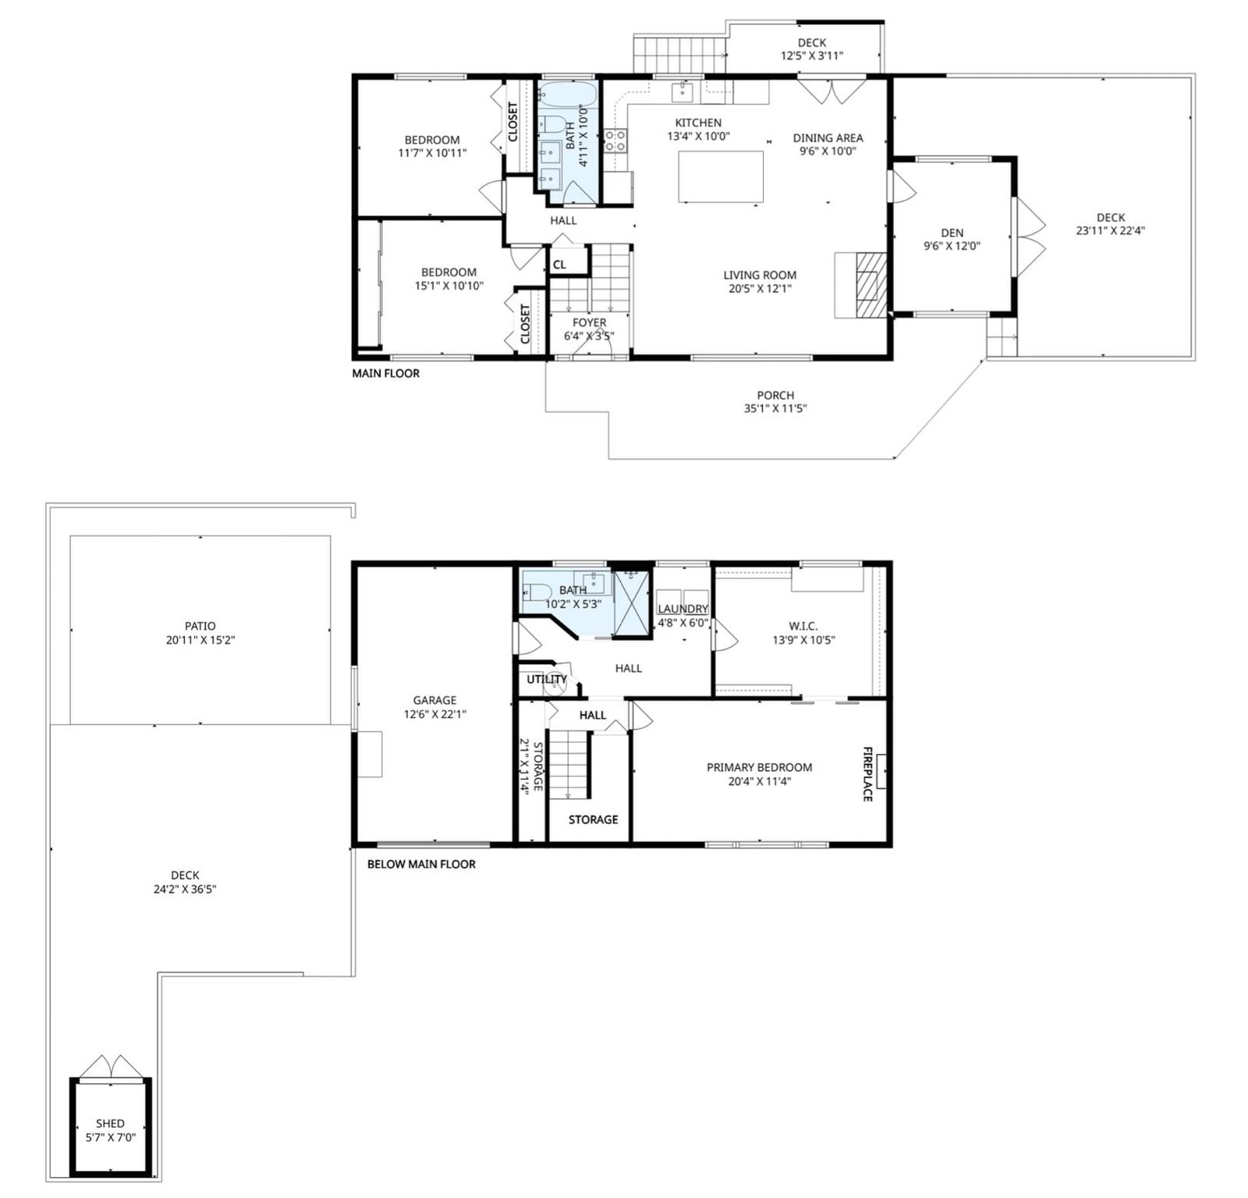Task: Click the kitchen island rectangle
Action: pos(721,176)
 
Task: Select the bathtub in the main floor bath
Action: pos(567,95)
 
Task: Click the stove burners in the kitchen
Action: pos(615,140)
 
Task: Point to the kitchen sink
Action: pos(682,92)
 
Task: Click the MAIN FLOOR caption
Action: pos(385,374)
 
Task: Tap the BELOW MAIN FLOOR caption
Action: pos(421,864)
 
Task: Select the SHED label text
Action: pos(110,1124)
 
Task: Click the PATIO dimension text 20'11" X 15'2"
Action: pos(200,640)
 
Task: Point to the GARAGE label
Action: pos(434,700)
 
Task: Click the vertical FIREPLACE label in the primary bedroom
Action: pos(867,773)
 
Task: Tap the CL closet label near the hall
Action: pos(559,265)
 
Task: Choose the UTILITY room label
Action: pos(546,679)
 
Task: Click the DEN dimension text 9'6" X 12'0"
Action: pos(952,246)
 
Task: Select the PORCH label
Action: pos(775,396)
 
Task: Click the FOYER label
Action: pos(589,322)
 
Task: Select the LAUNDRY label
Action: pos(682,609)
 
